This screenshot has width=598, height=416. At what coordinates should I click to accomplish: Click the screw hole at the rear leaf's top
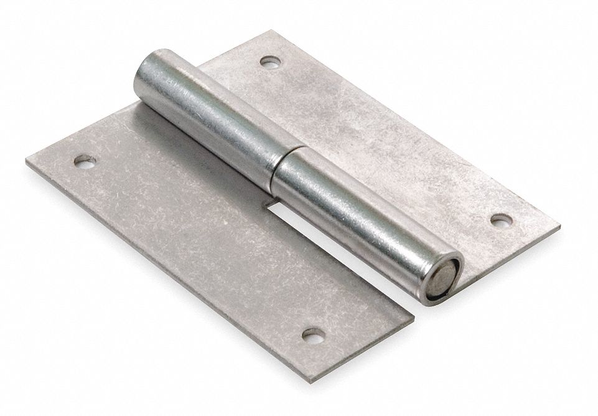click(x=270, y=62)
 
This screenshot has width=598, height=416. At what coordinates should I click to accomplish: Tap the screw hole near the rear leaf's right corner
click(x=501, y=220)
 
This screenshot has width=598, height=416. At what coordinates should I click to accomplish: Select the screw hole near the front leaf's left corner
click(x=85, y=161)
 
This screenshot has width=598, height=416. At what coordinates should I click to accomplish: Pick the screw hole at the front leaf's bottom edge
click(x=313, y=334)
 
